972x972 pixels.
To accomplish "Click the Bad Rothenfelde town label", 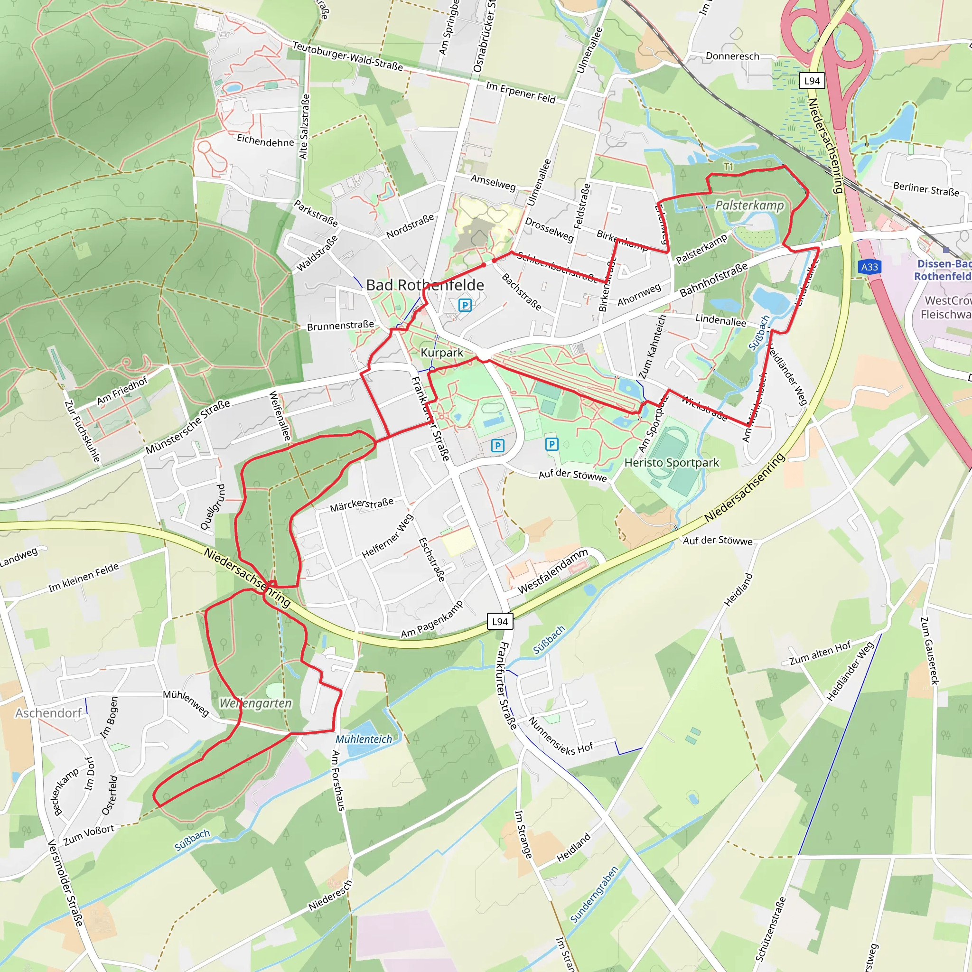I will tap(425, 285).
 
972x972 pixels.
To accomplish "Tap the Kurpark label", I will tap(442, 353).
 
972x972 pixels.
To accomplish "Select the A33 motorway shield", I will tap(869, 267).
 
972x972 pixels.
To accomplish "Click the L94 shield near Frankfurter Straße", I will tap(500, 622).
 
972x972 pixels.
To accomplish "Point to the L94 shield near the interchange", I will tap(812, 81).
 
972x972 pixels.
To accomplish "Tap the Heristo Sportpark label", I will tap(672, 463).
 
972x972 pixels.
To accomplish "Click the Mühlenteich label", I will tap(364, 739).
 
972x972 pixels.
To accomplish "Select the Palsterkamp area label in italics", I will tap(749, 205).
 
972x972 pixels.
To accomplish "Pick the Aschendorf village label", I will tap(48, 713).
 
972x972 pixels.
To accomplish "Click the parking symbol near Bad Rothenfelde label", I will tap(465, 305).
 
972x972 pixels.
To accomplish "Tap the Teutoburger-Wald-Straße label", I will tap(347, 56).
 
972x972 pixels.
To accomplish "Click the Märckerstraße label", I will tap(362, 505).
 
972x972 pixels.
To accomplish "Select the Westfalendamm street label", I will tap(552, 570).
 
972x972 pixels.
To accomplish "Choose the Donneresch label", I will tap(732, 56).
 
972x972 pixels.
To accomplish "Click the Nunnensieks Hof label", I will tap(561, 737).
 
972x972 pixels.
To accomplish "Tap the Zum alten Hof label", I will tap(820, 653).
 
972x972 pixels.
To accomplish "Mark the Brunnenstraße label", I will tap(341, 326).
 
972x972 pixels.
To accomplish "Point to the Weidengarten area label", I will tap(256, 703).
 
